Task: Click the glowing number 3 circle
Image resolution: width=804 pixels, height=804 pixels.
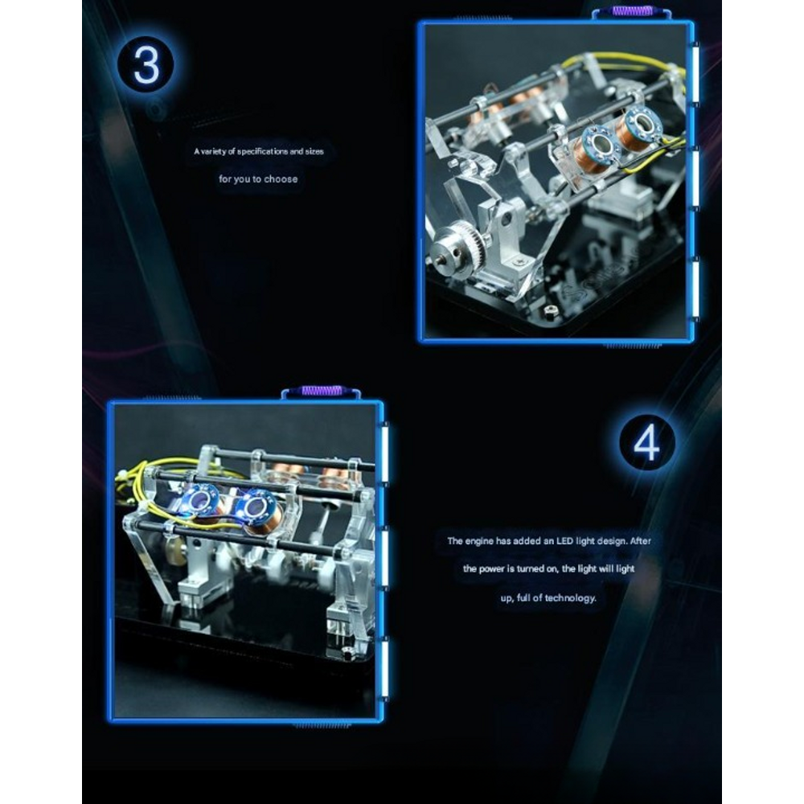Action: pyautogui.click(x=146, y=65)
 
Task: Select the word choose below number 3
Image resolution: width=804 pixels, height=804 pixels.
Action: pyautogui.click(x=281, y=179)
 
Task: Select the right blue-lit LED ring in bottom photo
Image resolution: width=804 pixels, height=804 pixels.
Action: pyautogui.click(x=253, y=508)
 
